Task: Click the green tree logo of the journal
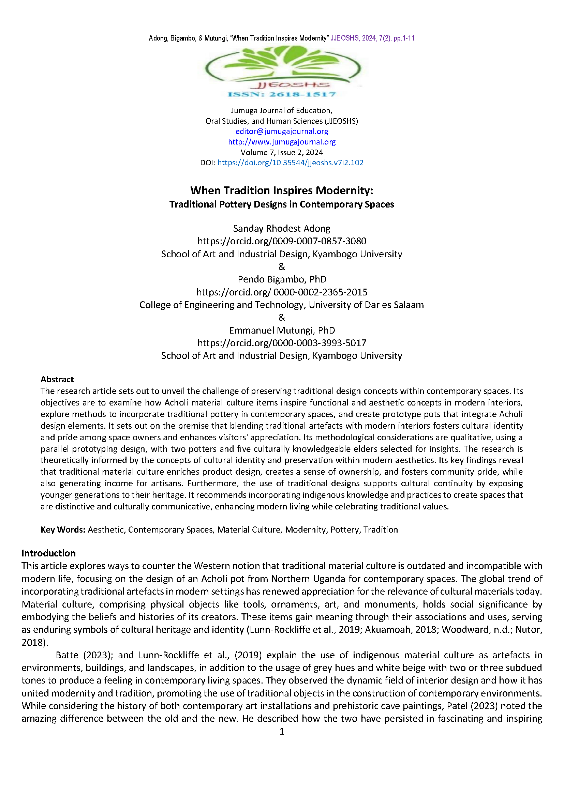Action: pos(282,64)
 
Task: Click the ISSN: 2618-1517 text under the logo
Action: pos(282,94)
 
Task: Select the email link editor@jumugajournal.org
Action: pos(282,131)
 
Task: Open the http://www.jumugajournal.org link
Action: pos(282,142)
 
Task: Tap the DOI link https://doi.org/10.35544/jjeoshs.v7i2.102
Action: pos(290,163)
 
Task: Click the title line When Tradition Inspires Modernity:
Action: pos(282,190)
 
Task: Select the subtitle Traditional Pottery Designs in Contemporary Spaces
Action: pos(282,204)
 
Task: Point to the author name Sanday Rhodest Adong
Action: pos(282,228)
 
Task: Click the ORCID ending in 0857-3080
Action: pos(282,241)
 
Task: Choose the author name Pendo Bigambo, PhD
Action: pos(282,279)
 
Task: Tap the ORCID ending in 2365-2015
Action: pos(282,292)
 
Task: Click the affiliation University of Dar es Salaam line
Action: pos(282,305)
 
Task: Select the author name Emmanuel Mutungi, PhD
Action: pos(282,330)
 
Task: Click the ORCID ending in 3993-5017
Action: pos(282,343)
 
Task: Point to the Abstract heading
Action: pos(57,379)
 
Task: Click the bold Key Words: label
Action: pos(63,530)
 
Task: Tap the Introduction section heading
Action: pos(49,553)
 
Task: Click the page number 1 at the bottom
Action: pos(282,731)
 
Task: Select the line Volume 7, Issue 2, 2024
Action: pos(282,152)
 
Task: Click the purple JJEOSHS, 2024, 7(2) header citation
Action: pos(372,38)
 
